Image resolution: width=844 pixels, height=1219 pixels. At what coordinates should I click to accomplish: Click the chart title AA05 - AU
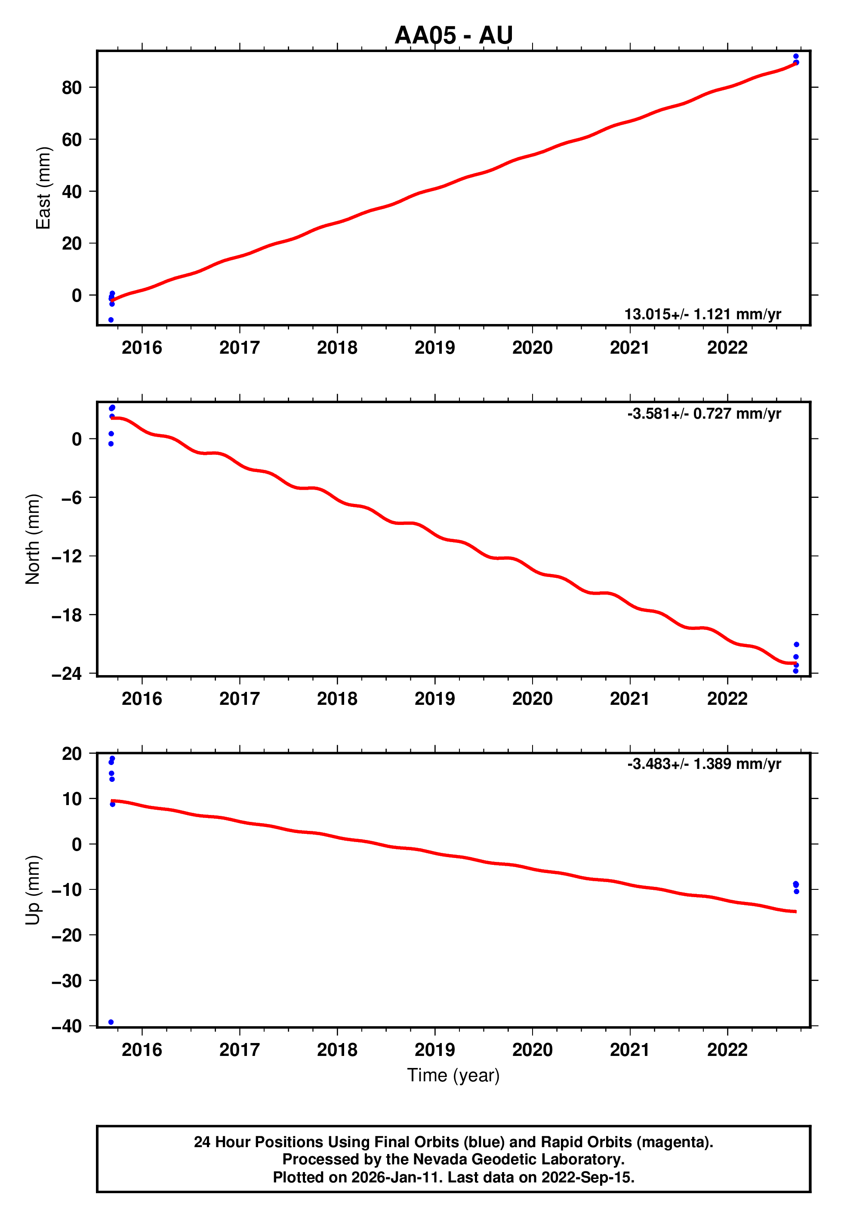(x=453, y=35)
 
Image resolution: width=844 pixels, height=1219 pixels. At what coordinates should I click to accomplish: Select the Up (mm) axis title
(x=33, y=890)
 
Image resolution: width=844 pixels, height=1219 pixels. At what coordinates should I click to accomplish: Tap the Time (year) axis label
(x=453, y=1075)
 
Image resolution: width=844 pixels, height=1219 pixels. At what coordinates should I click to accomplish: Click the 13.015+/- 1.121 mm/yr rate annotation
(x=702, y=314)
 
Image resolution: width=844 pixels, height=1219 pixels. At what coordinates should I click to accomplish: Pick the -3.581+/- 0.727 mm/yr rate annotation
(x=704, y=414)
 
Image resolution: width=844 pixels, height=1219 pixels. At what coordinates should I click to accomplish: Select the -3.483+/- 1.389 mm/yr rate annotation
(x=704, y=764)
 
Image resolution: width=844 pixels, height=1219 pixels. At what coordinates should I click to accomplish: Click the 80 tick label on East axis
(x=72, y=87)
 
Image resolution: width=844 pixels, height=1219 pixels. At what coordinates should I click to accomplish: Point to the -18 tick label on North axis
(x=67, y=615)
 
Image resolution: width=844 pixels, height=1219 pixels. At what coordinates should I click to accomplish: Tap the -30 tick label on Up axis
(x=67, y=981)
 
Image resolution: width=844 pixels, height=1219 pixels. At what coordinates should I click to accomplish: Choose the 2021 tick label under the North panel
(x=629, y=699)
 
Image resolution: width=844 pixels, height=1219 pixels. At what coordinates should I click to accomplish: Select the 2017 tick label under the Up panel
(x=239, y=1050)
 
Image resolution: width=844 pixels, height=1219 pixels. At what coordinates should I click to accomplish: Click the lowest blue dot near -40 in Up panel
(x=111, y=1022)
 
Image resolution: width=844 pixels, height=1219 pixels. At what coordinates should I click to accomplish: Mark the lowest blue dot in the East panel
(x=111, y=320)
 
